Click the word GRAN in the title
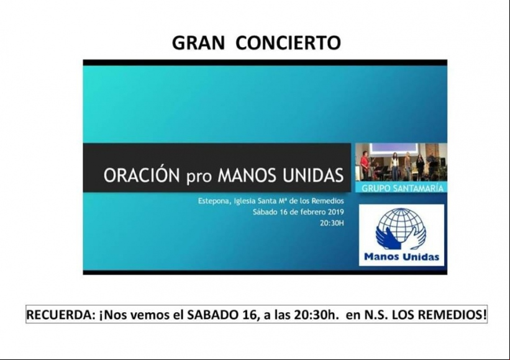pyautogui.click(x=198, y=43)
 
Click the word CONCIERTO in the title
pyautogui.click(x=288, y=43)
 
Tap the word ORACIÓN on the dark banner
pyautogui.click(x=142, y=175)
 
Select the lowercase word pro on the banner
pyautogui.click(x=199, y=178)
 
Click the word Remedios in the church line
pyautogui.click(x=328, y=201)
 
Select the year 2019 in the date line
pyautogui.click(x=335, y=212)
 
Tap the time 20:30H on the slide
pyautogui.click(x=332, y=223)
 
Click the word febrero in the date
pyautogui.click(x=313, y=212)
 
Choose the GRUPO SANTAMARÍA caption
pyautogui.click(x=403, y=188)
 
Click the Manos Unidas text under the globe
pyautogui.click(x=402, y=257)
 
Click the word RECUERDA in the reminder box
pyautogui.click(x=61, y=315)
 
